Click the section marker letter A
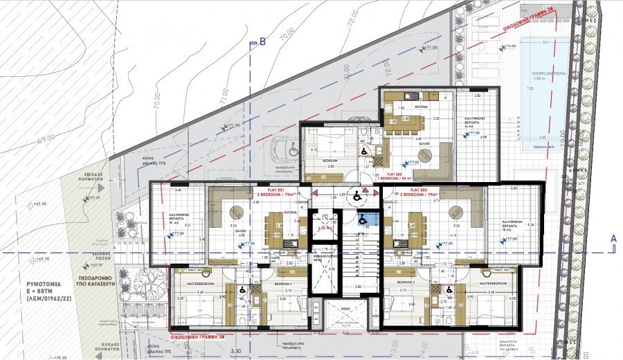click(612, 237)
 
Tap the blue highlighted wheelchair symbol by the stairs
click(362, 219)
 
